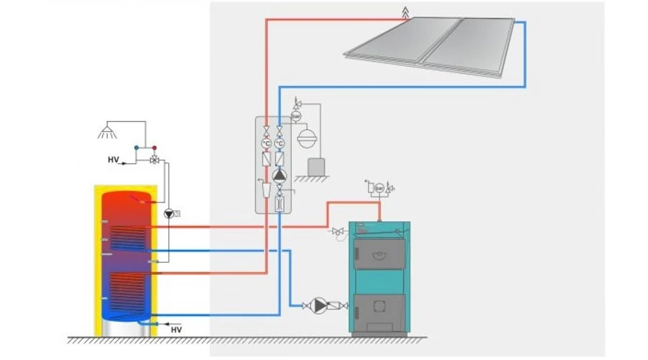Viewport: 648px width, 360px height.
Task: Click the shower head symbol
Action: tap(108, 132)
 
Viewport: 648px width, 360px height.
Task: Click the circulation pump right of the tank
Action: tap(168, 213)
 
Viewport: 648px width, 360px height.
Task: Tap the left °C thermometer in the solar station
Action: tap(266, 143)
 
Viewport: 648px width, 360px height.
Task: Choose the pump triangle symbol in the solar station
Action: tap(279, 174)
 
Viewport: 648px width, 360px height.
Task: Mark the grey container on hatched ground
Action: tap(315, 166)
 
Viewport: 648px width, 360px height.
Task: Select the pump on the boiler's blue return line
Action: tap(318, 305)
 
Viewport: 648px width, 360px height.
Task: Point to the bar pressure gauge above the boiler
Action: tap(380, 189)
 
